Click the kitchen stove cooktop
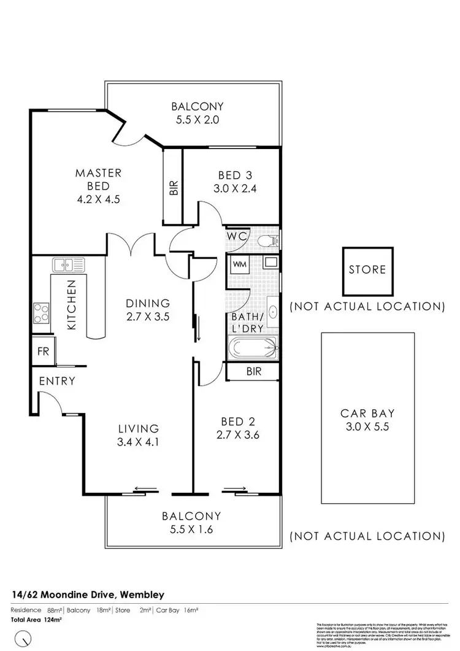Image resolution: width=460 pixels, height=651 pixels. tap(41, 314)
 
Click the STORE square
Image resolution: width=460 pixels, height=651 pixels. tap(367, 269)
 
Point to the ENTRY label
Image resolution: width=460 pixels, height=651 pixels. tap(56, 381)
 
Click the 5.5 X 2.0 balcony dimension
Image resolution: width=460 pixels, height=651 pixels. tap(197, 120)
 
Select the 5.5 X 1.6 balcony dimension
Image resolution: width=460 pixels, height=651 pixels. tap(191, 530)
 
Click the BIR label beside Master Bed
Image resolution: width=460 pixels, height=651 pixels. tap(172, 187)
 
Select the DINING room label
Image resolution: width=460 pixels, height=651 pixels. tap(147, 302)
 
